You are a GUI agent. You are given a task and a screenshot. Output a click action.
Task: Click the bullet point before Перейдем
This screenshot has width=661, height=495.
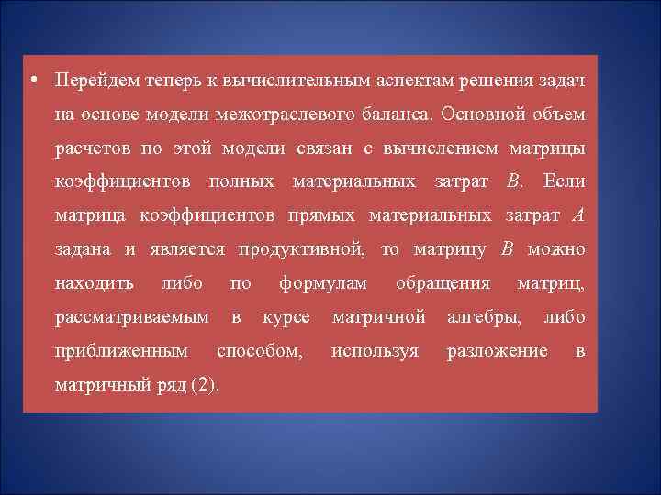pyautogui.click(x=33, y=81)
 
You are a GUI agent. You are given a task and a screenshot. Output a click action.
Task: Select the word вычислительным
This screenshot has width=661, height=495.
pyautogui.click(x=281, y=82)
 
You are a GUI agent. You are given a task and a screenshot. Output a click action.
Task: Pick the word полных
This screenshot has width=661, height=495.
pyautogui.click(x=241, y=182)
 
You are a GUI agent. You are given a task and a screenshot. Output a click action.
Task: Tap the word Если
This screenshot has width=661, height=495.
pyautogui.click(x=564, y=182)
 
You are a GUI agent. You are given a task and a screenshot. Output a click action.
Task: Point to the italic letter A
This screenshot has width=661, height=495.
pyautogui.click(x=577, y=216)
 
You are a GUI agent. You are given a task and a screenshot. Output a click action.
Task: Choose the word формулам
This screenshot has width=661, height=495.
pyautogui.click(x=323, y=283)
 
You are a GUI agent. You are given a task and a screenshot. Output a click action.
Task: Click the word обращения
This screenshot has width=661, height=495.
pyautogui.click(x=443, y=283)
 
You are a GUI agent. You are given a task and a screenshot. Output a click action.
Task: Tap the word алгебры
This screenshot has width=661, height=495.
pyautogui.click(x=485, y=317)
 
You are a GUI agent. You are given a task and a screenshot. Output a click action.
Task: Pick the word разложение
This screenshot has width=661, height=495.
pyautogui.click(x=497, y=351)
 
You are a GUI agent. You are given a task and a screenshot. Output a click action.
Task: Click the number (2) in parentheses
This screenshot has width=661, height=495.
pyautogui.click(x=204, y=385)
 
